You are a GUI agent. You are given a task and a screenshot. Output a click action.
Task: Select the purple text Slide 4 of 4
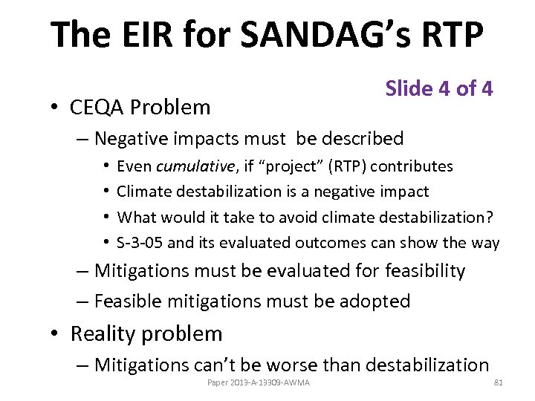click(x=438, y=88)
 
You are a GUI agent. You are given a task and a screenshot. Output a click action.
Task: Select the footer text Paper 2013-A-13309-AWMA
click(x=259, y=382)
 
